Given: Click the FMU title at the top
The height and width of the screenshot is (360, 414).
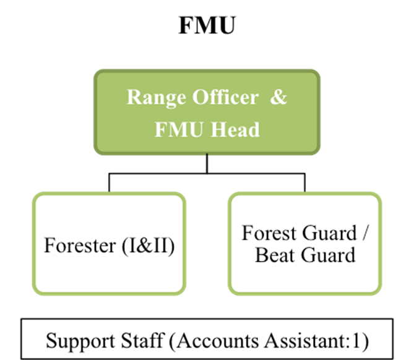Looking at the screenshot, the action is tap(207, 25).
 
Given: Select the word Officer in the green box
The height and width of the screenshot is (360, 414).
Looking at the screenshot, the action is tap(225, 96).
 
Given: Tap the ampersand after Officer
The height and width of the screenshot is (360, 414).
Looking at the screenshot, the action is tap(278, 96).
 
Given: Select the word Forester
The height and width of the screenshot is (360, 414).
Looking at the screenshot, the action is tap(80, 245).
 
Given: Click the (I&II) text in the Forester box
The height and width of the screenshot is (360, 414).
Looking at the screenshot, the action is tap(148, 246).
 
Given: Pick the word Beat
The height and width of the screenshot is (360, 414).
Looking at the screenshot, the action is tap(275, 255).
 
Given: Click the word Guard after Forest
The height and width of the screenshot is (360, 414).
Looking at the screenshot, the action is tap(329, 233).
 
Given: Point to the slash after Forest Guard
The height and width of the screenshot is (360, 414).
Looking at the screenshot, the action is tap(365, 233).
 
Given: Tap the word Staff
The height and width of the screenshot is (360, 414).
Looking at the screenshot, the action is tap(142, 340).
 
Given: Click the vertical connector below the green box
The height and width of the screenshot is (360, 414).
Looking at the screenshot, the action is tap(207, 164).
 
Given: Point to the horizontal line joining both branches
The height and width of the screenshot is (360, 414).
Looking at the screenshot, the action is tap(207, 173).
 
